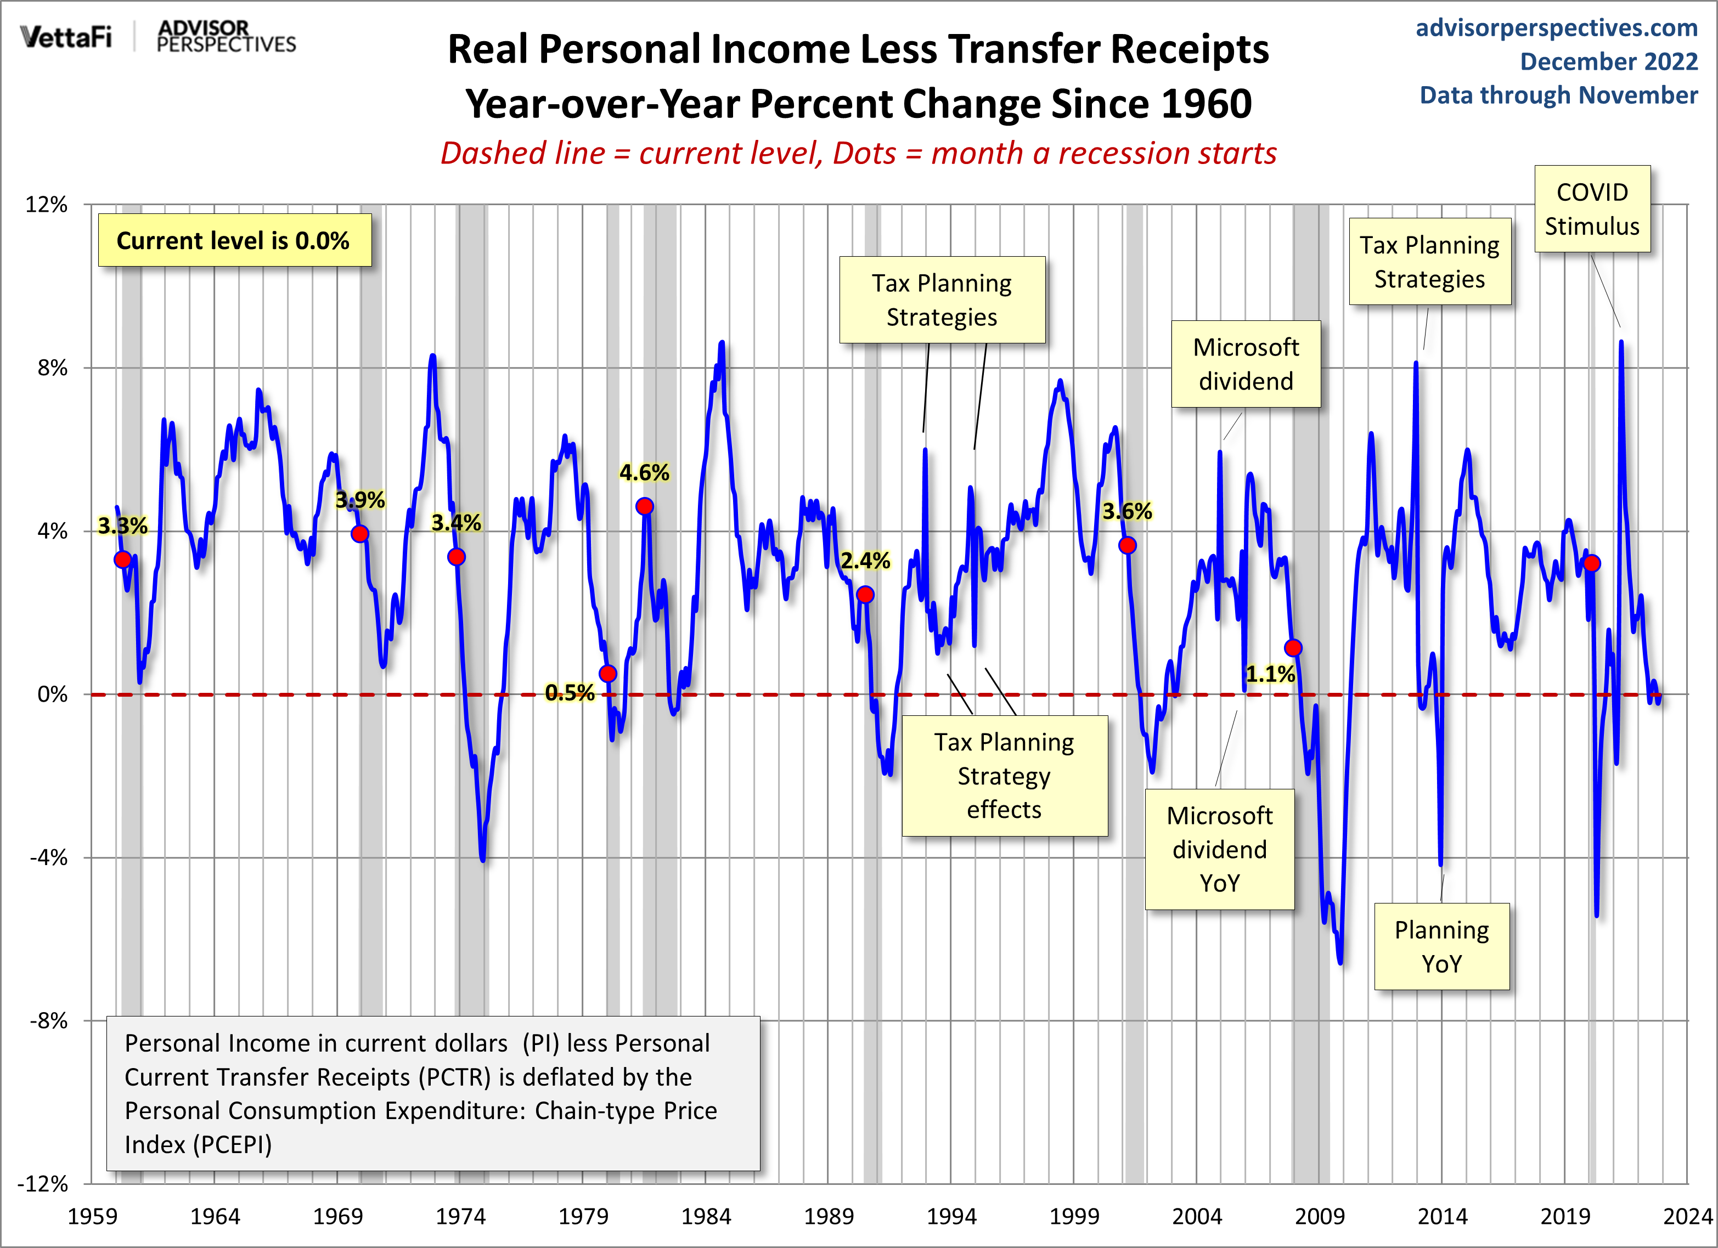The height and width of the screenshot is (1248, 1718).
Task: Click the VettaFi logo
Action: click(x=66, y=36)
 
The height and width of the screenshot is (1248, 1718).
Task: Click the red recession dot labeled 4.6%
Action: click(x=645, y=506)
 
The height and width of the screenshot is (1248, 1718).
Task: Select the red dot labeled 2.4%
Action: click(x=865, y=595)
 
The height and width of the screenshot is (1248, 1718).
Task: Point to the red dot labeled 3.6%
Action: click(x=1127, y=545)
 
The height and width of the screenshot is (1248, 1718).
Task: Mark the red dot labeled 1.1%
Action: click(x=1293, y=647)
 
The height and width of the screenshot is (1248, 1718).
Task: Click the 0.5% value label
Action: click(x=570, y=692)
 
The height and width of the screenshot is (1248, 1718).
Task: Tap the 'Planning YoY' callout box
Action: click(x=1441, y=947)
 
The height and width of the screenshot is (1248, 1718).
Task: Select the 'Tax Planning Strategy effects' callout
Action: click(x=1005, y=776)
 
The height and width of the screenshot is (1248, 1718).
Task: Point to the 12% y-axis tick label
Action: click(x=47, y=205)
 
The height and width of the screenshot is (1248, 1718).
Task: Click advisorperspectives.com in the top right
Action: click(x=1556, y=28)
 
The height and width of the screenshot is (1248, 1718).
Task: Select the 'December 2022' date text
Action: click(x=1608, y=61)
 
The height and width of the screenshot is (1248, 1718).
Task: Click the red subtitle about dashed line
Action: click(x=858, y=153)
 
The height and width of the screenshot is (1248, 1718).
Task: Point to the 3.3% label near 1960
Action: click(x=123, y=526)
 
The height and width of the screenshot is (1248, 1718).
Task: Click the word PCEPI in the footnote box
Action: click(x=231, y=1144)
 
